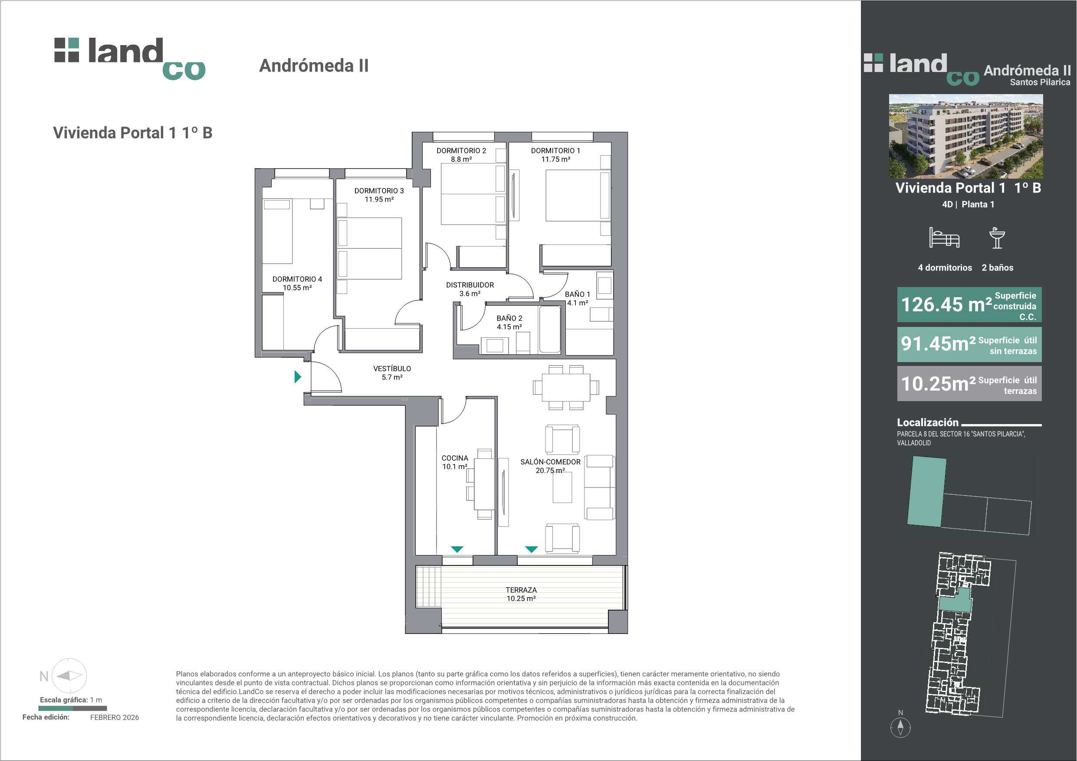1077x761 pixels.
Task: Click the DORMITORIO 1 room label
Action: click(x=555, y=150)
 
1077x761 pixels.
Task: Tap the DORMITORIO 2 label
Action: click(x=461, y=150)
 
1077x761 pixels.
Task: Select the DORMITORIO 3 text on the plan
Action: click(x=379, y=191)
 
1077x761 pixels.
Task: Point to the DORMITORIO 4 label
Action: click(x=297, y=279)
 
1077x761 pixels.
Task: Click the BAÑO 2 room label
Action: click(x=509, y=318)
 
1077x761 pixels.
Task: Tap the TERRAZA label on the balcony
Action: click(x=521, y=590)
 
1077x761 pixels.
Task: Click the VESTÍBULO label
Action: click(x=392, y=369)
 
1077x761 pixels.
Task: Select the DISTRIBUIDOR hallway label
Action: click(x=470, y=285)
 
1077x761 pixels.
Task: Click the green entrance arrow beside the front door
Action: click(x=297, y=376)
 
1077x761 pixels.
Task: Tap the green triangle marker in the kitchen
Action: click(x=457, y=549)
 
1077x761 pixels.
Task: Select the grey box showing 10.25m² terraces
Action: click(x=969, y=384)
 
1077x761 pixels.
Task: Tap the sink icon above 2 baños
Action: click(x=997, y=238)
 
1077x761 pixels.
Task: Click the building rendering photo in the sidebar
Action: click(x=966, y=136)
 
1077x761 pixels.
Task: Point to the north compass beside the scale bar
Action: click(x=69, y=676)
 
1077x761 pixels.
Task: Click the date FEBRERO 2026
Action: click(x=115, y=717)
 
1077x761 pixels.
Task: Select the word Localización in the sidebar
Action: click(x=928, y=422)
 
